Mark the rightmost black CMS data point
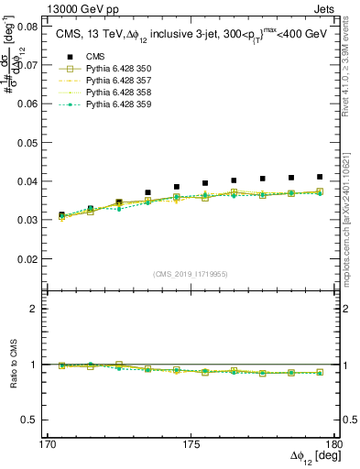click(x=320, y=177)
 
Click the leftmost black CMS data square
click(x=62, y=215)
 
